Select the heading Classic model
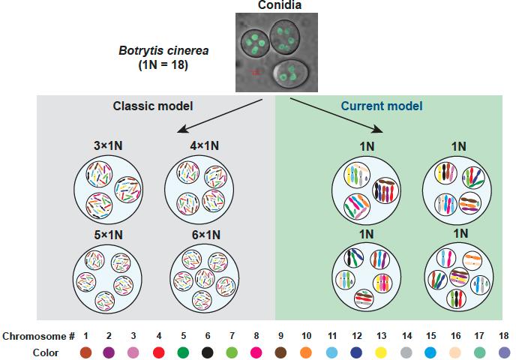146,106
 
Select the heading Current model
381,106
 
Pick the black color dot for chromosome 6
206,351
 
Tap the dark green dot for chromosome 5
182,351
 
